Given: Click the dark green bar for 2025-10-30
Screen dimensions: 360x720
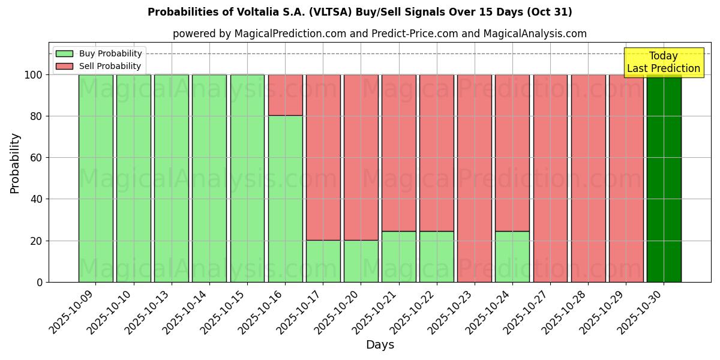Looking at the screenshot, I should click(664, 178).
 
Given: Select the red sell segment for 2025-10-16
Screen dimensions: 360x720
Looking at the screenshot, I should click(285, 95).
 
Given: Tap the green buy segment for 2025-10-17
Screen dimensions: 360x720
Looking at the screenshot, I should click(323, 261).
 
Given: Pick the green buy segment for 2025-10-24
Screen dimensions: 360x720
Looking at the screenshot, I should click(512, 256).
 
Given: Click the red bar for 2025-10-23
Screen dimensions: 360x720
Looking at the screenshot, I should click(475, 178).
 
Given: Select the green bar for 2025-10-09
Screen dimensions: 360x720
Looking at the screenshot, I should click(96, 178).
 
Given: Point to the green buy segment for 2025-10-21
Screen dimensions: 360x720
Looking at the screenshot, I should click(399, 256).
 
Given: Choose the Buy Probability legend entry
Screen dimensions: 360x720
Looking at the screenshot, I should click(99, 53).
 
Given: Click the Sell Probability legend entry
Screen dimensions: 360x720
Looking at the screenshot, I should click(99, 66).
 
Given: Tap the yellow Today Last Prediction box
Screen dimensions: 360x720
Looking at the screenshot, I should click(664, 62).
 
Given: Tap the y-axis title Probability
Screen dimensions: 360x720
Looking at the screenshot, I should click(15, 163).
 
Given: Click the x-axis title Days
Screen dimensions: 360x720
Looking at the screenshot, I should click(380, 345).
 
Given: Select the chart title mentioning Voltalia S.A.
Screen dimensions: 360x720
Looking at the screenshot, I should click(359, 12).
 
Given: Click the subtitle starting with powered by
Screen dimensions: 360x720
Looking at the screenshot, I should click(379, 34).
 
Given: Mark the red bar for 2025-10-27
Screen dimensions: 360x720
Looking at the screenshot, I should click(550, 178).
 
